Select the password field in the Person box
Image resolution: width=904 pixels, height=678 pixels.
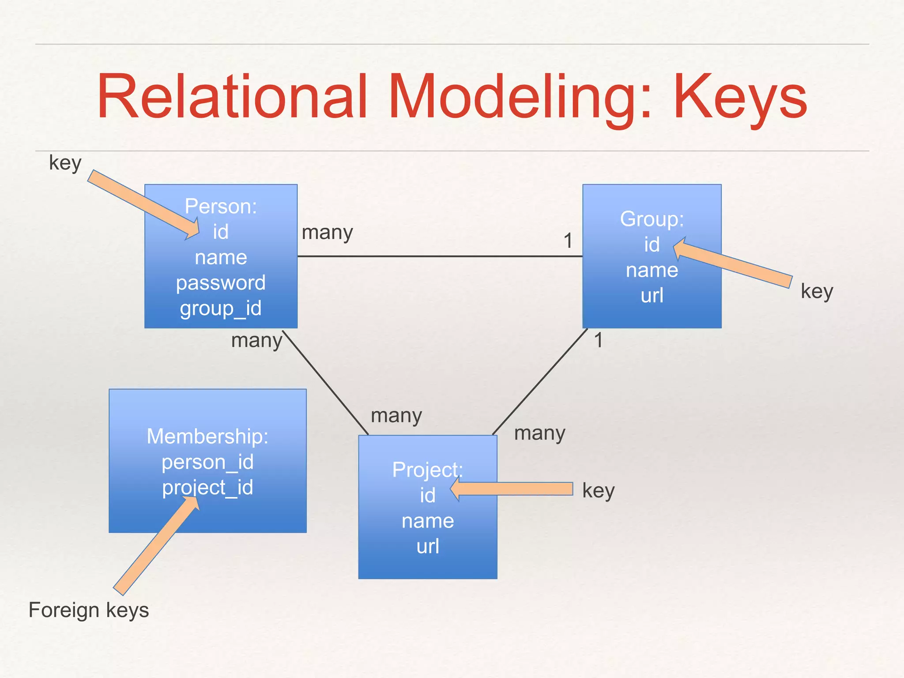[221, 283]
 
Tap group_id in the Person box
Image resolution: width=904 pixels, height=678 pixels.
[221, 308]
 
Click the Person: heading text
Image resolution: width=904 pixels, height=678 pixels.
[221, 206]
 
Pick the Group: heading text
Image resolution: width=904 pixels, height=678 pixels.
[652, 219]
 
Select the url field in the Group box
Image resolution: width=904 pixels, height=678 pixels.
[652, 295]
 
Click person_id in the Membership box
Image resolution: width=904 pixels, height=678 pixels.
[207, 462]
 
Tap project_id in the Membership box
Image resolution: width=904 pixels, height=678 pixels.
[207, 488]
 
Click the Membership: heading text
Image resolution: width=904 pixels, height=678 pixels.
[207, 437]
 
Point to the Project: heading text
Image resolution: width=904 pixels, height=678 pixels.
[427, 470]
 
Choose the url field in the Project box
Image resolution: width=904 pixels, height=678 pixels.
[428, 546]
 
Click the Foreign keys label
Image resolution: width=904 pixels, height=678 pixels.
[89, 610]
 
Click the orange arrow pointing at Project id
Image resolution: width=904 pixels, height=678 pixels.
[512, 489]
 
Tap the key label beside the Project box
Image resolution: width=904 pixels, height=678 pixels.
[598, 491]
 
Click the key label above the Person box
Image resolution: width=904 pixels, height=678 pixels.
[65, 163]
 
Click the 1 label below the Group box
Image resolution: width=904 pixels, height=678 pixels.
[599, 340]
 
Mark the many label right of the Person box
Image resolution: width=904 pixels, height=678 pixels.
[327, 233]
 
